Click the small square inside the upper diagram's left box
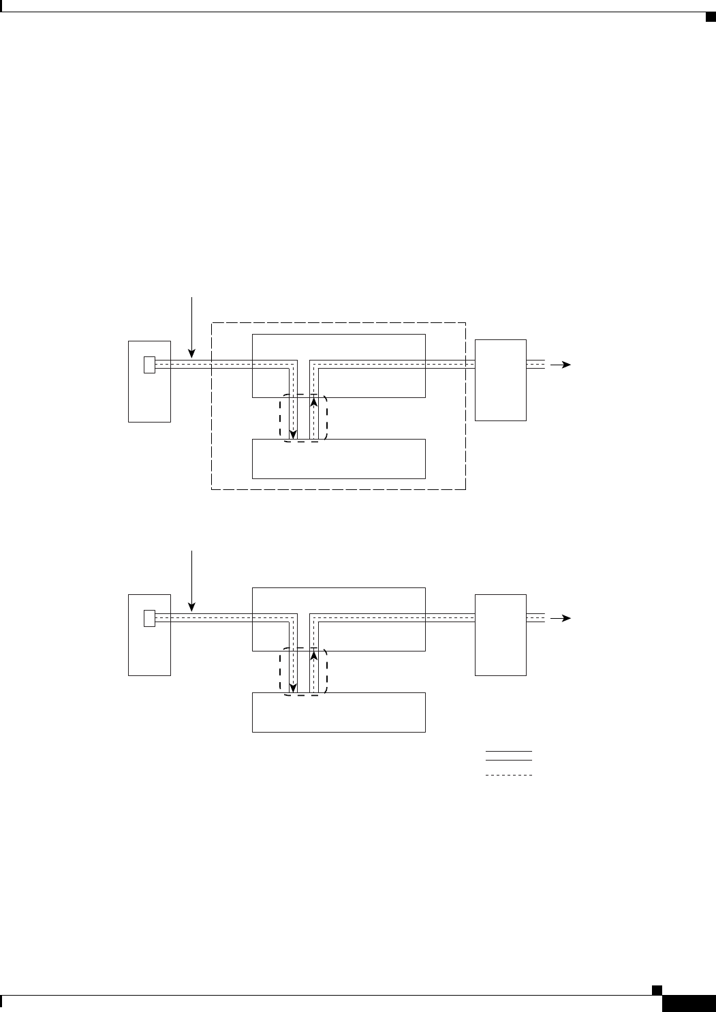pyautogui.click(x=150, y=365)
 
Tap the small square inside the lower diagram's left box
pyautogui.click(x=150, y=618)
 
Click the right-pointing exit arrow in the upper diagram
pyautogui.click(x=563, y=365)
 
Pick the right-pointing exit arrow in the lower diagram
pyautogui.click(x=563, y=618)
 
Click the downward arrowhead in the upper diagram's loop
pyautogui.click(x=294, y=434)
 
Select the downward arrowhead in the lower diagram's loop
pyautogui.click(x=294, y=688)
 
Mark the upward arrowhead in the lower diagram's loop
pyautogui.click(x=314, y=654)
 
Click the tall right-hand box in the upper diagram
pyautogui.click(x=500, y=380)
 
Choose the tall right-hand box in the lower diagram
pyautogui.click(x=500, y=634)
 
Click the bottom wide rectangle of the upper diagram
pyautogui.click(x=339, y=459)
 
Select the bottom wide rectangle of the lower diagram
pyautogui.click(x=339, y=712)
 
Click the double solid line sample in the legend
pyautogui.click(x=508, y=755)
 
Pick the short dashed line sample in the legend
pyautogui.click(x=508, y=776)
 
